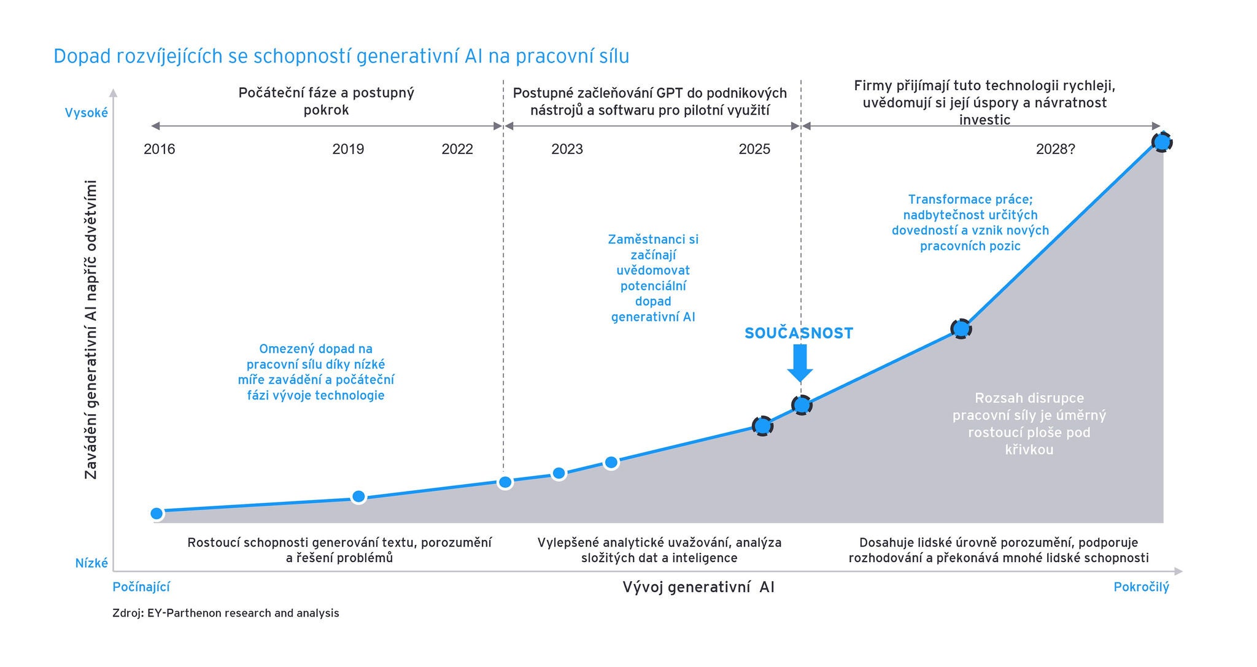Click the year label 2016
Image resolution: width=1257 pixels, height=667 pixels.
(160, 149)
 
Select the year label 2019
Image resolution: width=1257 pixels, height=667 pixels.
(348, 149)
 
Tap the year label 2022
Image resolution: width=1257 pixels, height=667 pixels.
(457, 149)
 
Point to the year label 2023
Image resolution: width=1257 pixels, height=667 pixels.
(567, 149)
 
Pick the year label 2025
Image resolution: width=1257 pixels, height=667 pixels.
(754, 149)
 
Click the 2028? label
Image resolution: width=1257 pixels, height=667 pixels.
(1056, 149)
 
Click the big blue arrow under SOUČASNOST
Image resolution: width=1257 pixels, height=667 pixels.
(800, 363)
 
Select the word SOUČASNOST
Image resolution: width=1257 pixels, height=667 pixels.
(799, 333)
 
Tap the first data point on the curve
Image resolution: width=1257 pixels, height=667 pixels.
(157, 514)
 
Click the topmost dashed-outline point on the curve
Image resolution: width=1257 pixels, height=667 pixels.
(1161, 142)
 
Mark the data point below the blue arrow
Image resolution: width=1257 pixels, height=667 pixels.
(802, 405)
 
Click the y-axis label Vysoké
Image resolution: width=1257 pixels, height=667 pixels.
(87, 113)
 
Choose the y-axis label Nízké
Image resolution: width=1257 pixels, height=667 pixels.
(91, 563)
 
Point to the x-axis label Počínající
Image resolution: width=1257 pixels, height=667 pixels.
(141, 587)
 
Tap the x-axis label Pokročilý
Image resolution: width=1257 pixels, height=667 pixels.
(1141, 587)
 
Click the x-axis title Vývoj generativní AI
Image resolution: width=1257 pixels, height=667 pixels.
(698, 587)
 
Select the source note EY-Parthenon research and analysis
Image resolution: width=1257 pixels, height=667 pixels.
(243, 613)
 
